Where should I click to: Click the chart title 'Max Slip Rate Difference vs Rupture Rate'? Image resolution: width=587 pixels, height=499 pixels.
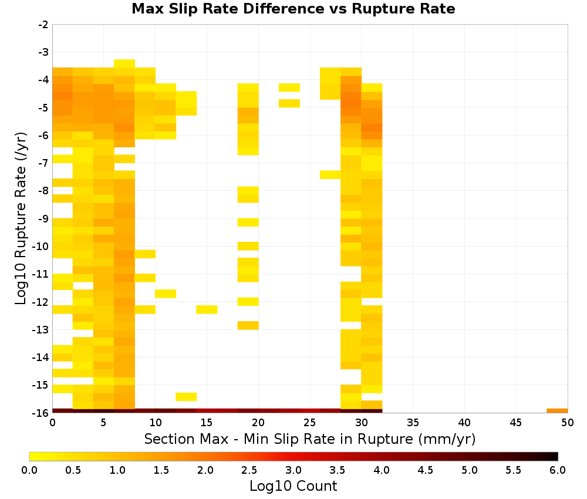[293, 9]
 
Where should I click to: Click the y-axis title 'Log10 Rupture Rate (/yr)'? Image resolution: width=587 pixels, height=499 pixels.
[21, 218]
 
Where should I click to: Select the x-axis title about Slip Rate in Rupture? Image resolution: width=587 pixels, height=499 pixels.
[310, 439]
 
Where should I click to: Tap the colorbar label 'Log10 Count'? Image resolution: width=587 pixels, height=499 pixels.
[293, 486]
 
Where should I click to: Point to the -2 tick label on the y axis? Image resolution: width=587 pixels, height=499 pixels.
[43, 25]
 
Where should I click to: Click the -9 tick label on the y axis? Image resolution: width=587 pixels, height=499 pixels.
[43, 218]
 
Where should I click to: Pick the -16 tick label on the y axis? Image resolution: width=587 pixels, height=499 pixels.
[41, 413]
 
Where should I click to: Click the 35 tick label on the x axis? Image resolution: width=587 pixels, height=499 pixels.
[413, 423]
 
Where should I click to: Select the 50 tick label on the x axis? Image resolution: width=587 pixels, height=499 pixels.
[568, 423]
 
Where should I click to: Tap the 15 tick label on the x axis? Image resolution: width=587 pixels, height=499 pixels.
[207, 423]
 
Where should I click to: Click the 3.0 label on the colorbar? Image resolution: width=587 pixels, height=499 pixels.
[293, 470]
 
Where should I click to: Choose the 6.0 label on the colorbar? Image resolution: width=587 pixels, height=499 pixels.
[558, 470]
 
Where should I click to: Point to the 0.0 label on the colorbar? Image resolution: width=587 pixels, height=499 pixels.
[29, 470]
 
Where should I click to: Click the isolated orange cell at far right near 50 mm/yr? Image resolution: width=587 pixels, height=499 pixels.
[557, 411]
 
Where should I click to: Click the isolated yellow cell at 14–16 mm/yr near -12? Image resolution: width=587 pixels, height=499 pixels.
[207, 309]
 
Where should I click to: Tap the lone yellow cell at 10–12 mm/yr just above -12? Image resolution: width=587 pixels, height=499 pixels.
[166, 294]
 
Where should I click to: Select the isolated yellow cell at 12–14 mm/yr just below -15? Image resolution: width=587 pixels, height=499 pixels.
[186, 397]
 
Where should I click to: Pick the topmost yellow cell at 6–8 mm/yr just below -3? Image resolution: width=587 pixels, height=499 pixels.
[124, 63]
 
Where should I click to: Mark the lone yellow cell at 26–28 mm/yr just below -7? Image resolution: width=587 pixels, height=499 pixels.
[330, 175]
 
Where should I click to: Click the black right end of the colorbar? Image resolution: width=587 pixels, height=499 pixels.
[556, 456]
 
